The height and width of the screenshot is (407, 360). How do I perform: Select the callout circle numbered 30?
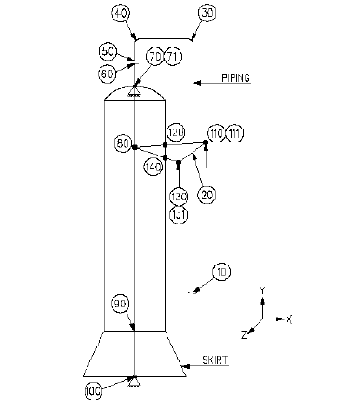pos(207,14)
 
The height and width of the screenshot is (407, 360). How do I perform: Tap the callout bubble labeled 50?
pos(108,51)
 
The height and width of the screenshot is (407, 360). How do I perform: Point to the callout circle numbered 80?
pos(122,143)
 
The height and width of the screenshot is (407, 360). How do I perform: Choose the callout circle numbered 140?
pos(154,165)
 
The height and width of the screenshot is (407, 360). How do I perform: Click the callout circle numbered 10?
pos(220,272)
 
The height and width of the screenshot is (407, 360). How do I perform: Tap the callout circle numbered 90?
pos(120,304)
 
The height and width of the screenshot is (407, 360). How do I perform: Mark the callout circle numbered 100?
pos(93,390)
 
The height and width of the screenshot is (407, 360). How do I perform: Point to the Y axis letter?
pos(263,291)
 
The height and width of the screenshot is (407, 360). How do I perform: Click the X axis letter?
pos(290,319)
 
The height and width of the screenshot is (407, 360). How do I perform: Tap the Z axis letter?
pos(244,332)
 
